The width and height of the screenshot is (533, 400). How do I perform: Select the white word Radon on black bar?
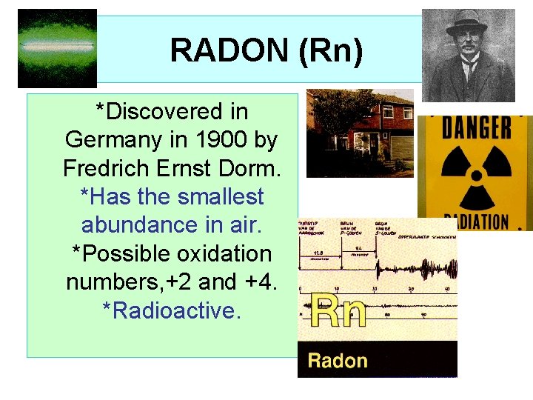point(338,361)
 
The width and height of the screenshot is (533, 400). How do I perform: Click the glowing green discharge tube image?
point(57,47)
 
